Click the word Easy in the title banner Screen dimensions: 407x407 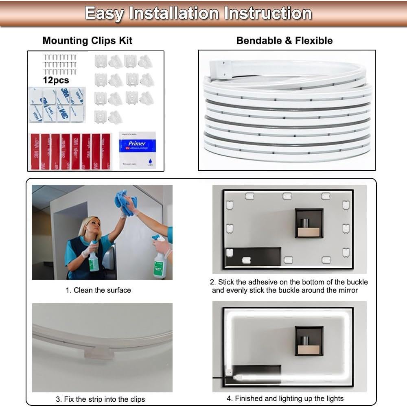pyautogui.click(x=104, y=13)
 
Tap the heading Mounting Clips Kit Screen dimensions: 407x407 pyautogui.click(x=87, y=41)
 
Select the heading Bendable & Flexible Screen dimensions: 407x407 pyautogui.click(x=284, y=41)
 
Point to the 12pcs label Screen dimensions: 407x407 pyautogui.click(x=56, y=80)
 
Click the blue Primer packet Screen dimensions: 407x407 pyautogui.click(x=137, y=150)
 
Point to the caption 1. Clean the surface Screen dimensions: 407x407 pyautogui.click(x=98, y=290)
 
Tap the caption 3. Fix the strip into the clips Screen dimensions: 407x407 pyautogui.click(x=100, y=399)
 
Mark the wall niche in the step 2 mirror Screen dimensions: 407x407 pyautogui.click(x=309, y=223)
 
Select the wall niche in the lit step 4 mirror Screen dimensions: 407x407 pyautogui.click(x=309, y=341)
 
